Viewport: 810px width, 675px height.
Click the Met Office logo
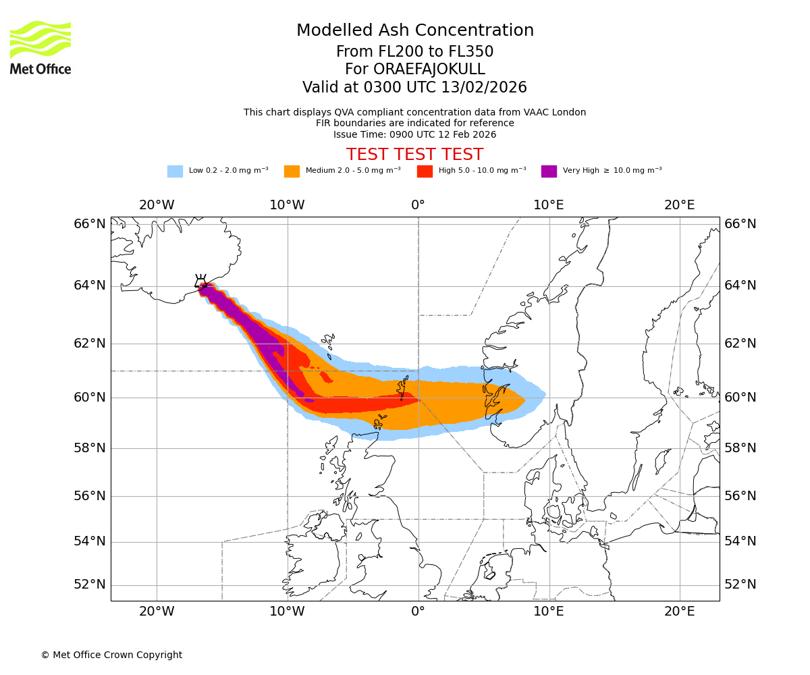(40, 47)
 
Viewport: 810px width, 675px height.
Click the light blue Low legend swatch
(175, 171)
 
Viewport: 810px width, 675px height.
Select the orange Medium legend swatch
(292, 171)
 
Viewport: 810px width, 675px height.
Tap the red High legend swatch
(425, 171)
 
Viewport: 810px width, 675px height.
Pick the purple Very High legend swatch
(549, 171)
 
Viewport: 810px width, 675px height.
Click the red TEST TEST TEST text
(414, 155)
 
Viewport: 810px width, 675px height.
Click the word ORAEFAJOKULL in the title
(414, 70)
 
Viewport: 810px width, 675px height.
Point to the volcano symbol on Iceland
(201, 281)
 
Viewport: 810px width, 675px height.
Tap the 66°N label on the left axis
(89, 224)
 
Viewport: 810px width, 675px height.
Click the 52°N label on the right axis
(740, 585)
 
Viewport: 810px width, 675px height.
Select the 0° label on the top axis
(418, 205)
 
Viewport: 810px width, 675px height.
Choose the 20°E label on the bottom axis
(679, 612)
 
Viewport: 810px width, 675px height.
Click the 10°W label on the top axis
(287, 205)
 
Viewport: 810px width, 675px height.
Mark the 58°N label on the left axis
(89, 448)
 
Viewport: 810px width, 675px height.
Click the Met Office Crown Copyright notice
(111, 655)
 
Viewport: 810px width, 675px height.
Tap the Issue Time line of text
(414, 134)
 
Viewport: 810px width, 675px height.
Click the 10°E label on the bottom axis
(548, 612)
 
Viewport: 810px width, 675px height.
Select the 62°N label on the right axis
(740, 344)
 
